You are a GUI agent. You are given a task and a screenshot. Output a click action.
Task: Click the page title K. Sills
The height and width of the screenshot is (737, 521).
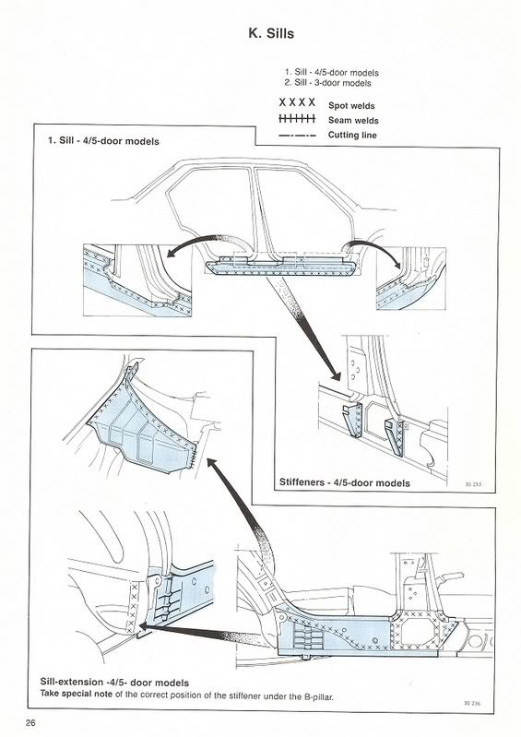(x=271, y=34)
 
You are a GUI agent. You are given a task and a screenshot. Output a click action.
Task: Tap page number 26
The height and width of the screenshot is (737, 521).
(x=30, y=722)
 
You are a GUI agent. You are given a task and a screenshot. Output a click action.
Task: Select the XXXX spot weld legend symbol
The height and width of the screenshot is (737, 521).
(x=297, y=102)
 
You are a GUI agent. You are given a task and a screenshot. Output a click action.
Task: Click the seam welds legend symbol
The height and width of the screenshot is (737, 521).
(x=297, y=119)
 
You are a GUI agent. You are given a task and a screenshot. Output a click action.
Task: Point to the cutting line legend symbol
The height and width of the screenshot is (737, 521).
(x=297, y=136)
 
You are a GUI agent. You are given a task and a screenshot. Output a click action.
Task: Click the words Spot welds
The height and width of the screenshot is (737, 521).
(x=351, y=106)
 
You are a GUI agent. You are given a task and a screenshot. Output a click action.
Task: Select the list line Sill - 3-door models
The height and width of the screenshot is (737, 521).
(x=327, y=83)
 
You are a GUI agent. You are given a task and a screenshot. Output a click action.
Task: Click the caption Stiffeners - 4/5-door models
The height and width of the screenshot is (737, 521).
(x=344, y=482)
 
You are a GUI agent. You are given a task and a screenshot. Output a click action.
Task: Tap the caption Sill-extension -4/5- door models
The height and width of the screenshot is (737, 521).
(x=114, y=683)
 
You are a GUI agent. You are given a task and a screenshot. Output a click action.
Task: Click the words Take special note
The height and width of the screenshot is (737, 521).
(x=77, y=694)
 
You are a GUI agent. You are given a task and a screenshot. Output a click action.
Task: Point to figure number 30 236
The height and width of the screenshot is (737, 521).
(x=472, y=704)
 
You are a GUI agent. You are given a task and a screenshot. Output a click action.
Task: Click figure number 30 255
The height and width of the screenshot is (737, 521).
(x=473, y=484)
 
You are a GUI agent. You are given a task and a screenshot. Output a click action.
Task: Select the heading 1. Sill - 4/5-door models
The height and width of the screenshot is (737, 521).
(x=103, y=141)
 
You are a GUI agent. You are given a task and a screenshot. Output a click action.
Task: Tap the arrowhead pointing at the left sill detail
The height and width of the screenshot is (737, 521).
(x=172, y=254)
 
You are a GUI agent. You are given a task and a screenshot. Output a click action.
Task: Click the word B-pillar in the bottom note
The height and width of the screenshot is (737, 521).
(x=317, y=697)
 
